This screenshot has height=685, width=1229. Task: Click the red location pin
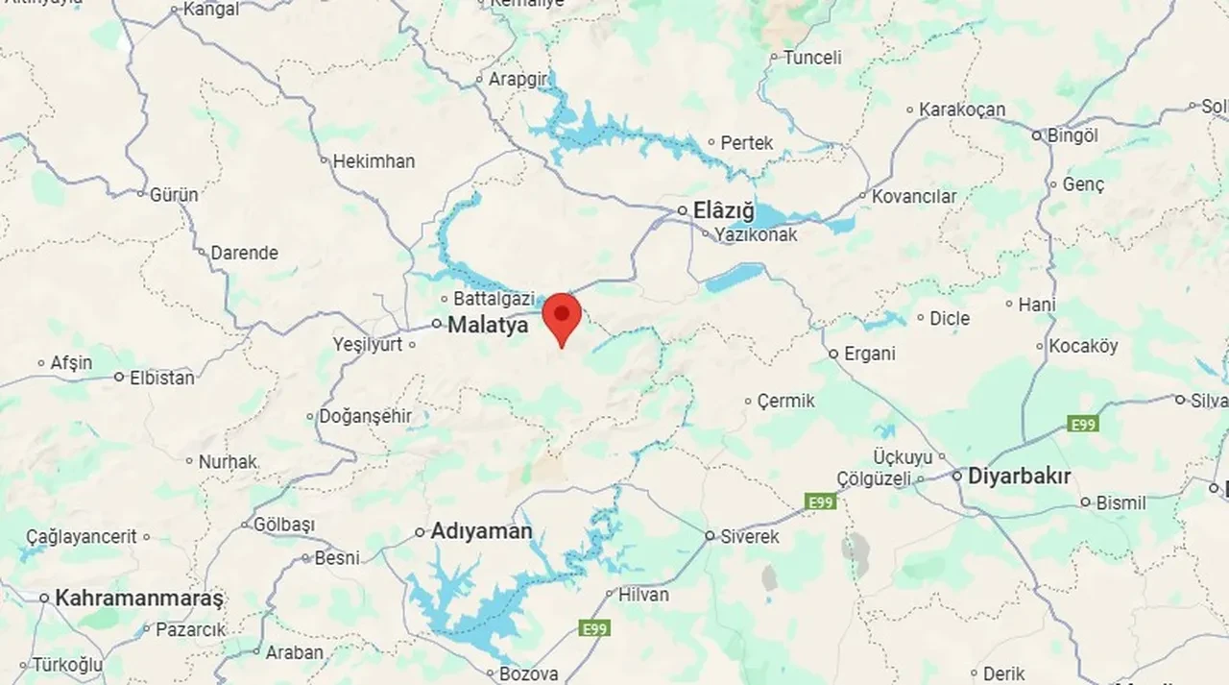pos(562,318)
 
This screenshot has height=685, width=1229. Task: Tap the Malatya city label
pos(488,326)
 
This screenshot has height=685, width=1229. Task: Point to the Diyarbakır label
pos(1019,476)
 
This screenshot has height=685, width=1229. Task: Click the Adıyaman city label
pos(481,530)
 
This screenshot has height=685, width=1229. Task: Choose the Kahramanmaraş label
pos(139,598)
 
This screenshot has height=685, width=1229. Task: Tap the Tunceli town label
pos(811,58)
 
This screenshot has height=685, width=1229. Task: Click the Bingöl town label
pos(1072,135)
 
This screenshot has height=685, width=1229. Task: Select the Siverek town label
pos(749,536)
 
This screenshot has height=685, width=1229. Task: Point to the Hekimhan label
pos(374,161)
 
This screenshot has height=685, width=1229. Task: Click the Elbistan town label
pos(161,377)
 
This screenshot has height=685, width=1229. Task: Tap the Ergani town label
pos(869,354)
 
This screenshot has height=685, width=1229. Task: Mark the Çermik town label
pos(785,401)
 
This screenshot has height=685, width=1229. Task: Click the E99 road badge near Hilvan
pos(594,628)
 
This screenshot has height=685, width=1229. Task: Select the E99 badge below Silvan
pos(1082,424)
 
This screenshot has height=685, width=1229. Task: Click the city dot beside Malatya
pos(436,325)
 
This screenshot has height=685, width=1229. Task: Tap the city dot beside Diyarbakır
pos(957,476)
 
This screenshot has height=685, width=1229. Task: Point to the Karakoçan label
pos(962,110)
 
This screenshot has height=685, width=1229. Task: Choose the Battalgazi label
pos(494,299)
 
